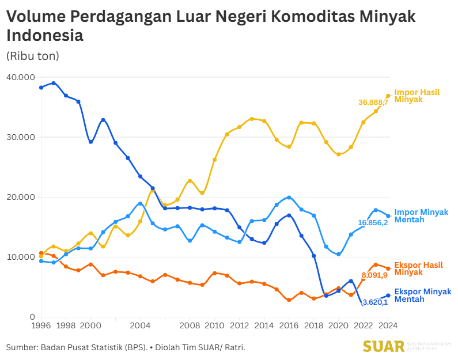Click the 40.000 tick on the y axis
coord(20,77)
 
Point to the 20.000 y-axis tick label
coord(20,197)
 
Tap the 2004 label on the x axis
coord(141,325)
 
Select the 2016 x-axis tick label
coord(289,325)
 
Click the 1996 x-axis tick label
coord(41,325)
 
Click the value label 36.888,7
coord(373,102)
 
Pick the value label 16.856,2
coord(373,222)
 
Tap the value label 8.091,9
coord(374,275)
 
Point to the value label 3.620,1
coord(374,302)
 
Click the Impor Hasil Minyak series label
coord(417,96)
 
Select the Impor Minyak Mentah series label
coord(421,216)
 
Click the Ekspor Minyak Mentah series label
coord(423,295)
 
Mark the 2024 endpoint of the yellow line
coord(388,96)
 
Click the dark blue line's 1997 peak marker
coord(54,83)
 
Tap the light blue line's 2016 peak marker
coord(289,198)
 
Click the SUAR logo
coord(383,346)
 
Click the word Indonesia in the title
coord(45,36)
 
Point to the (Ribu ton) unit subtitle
coord(33,56)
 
